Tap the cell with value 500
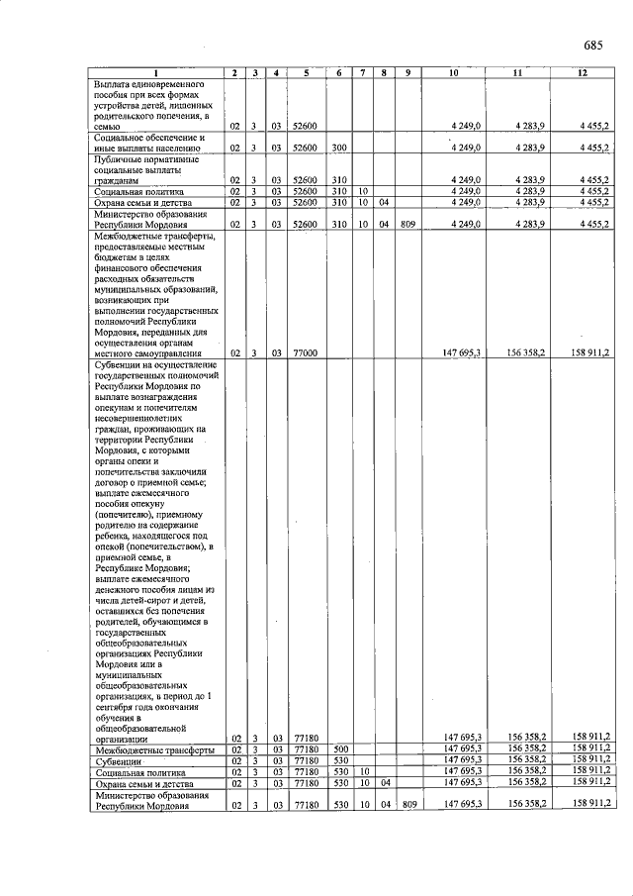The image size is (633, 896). [341, 749]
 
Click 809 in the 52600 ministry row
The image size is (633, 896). [407, 224]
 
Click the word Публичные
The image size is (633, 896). [119, 158]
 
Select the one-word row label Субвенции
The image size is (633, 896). [117, 760]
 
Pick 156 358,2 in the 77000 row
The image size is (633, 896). [524, 352]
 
